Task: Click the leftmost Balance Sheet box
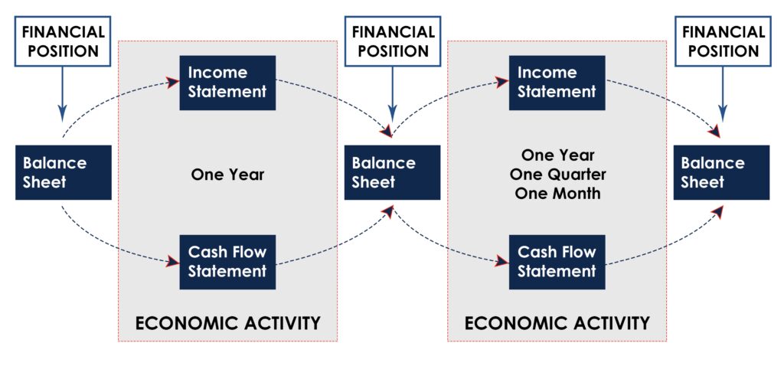64,172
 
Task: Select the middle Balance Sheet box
393,172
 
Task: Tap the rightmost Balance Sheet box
721,172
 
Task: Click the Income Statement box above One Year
227,83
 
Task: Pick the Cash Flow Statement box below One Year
227,262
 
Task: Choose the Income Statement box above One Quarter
557,83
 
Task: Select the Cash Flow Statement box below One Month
557,262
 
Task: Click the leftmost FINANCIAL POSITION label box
63,41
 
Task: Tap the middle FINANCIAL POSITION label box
393,41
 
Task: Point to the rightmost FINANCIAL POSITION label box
724,41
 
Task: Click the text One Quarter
557,175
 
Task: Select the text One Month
557,194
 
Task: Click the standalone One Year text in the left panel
227,175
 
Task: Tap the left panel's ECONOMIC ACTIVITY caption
227,324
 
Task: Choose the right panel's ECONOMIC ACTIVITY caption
557,324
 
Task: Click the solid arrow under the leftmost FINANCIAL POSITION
63,94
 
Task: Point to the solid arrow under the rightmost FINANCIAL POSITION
723,94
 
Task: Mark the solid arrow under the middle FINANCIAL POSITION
393,94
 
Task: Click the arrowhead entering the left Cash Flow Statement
173,261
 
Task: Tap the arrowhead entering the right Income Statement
502,82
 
